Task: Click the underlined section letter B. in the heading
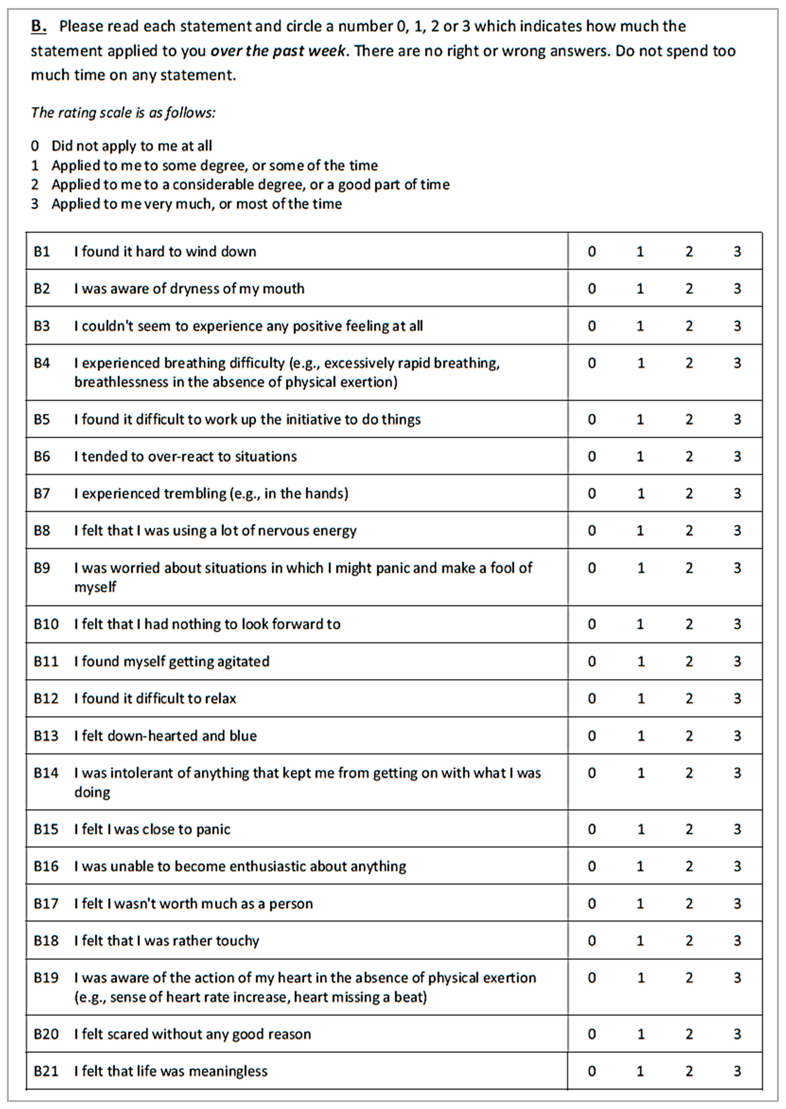pos(39,26)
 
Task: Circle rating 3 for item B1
pos(737,251)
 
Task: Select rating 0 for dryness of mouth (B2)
pos(591,289)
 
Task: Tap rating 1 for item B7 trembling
pos(640,493)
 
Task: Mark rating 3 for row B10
pos(737,624)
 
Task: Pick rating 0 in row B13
pos(591,736)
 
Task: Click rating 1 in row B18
pos(640,940)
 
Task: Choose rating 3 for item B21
pos(737,1071)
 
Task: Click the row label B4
pos(42,363)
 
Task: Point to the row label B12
pos(46,698)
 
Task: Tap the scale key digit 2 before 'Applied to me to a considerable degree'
pos(35,184)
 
